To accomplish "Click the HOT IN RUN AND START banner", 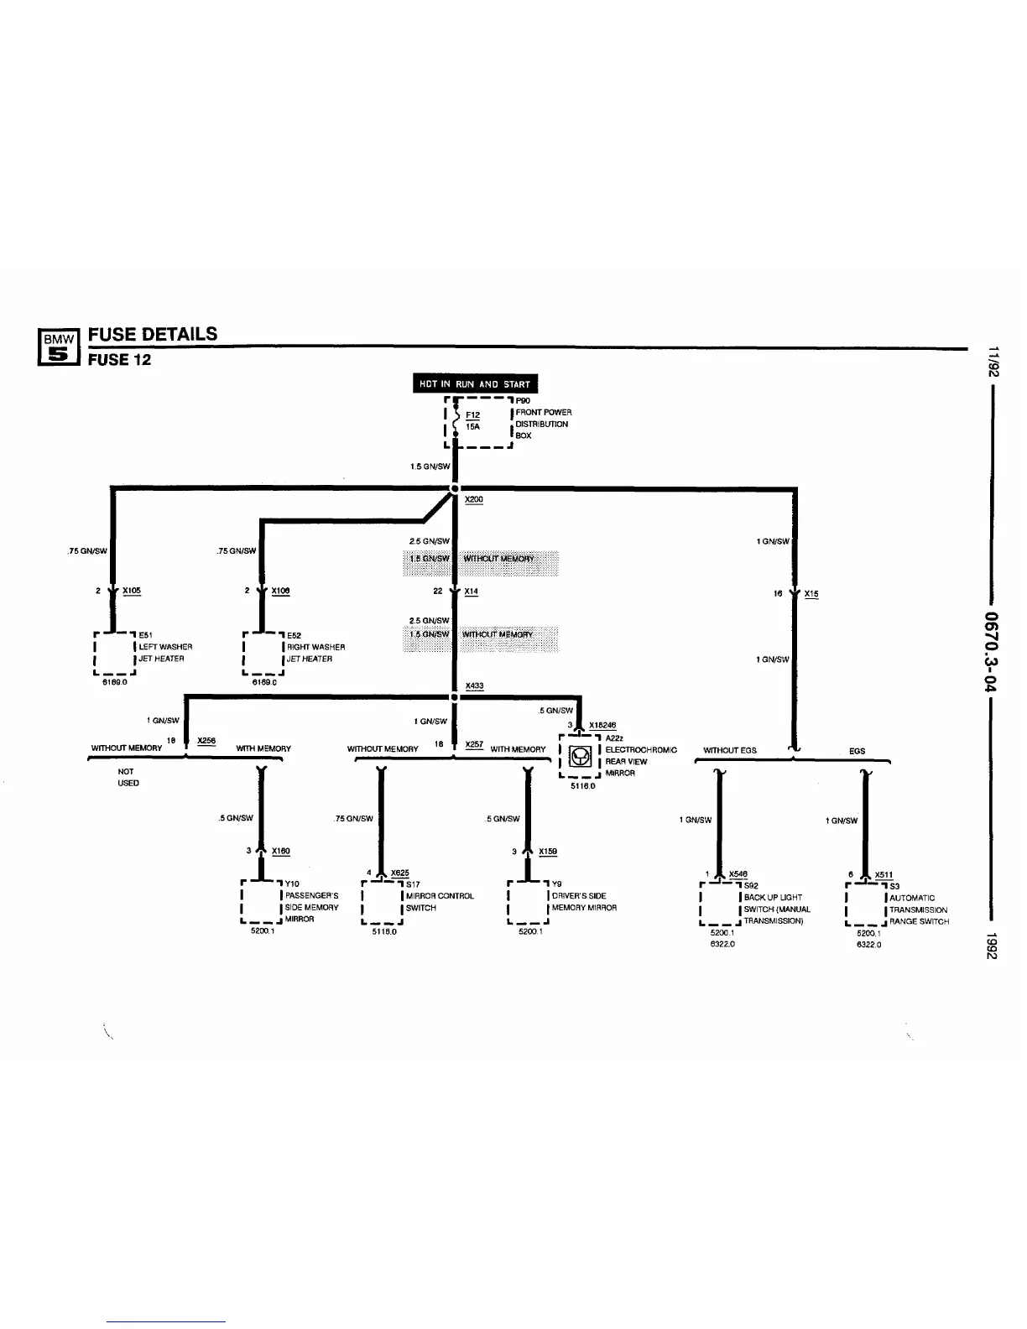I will click(x=475, y=384).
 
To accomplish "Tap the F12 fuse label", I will click(x=473, y=414).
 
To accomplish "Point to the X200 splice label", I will click(x=474, y=499).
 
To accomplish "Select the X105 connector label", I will click(x=132, y=591).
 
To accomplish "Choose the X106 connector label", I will click(x=280, y=591).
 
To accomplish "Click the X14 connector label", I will click(x=472, y=591).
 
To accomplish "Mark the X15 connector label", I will click(x=811, y=594).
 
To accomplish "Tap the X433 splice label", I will click(x=474, y=686).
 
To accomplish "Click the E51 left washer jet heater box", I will click(x=113, y=652).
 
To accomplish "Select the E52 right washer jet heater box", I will click(x=263, y=652).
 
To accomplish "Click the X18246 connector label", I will click(x=602, y=726).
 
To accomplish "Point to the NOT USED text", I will click(x=128, y=777).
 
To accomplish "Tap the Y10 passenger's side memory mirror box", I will click(x=261, y=901).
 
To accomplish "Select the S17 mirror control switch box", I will click(x=382, y=901).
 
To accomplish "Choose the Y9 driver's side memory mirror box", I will click(x=529, y=901).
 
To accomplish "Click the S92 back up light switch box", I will click(x=719, y=903).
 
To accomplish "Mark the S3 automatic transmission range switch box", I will click(x=866, y=903).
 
